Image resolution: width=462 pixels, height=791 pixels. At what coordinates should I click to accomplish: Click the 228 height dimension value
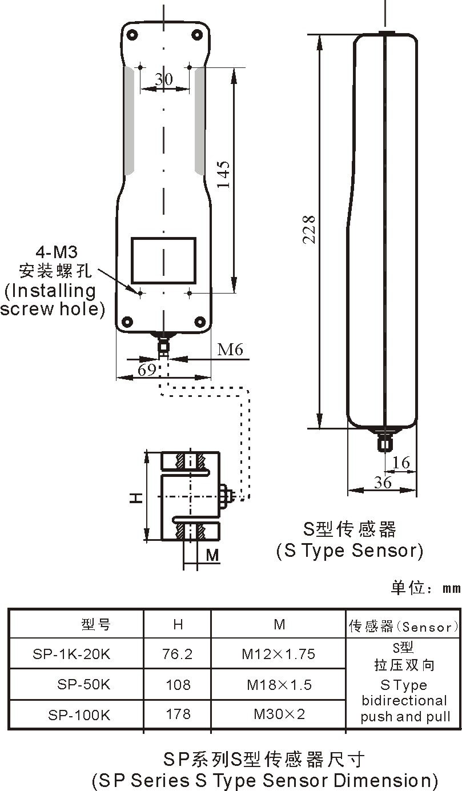pyautogui.click(x=309, y=229)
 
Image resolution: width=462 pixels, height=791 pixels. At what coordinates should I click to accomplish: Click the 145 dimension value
pyautogui.click(x=223, y=175)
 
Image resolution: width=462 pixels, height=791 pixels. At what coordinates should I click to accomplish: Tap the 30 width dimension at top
pyautogui.click(x=164, y=79)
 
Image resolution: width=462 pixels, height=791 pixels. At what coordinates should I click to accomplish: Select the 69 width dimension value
pyautogui.click(x=147, y=370)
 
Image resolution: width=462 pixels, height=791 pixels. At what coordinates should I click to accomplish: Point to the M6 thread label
pyautogui.click(x=230, y=350)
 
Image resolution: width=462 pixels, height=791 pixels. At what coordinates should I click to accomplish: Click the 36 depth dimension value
pyautogui.click(x=383, y=483)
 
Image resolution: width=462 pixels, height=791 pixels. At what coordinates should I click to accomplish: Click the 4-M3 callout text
pyautogui.click(x=57, y=252)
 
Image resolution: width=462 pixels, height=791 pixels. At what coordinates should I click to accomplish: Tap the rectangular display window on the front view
pyautogui.click(x=164, y=260)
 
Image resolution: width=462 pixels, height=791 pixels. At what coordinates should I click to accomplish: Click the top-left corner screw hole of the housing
pyautogui.click(x=132, y=35)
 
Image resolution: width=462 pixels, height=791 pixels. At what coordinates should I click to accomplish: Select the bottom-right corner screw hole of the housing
pyautogui.click(x=200, y=321)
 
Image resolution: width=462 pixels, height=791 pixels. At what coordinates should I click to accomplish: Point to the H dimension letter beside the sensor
pyautogui.click(x=135, y=497)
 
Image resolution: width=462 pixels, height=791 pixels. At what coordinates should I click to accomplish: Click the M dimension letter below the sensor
pyautogui.click(x=212, y=555)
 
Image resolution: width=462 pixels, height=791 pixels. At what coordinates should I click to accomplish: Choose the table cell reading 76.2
pyautogui.click(x=178, y=654)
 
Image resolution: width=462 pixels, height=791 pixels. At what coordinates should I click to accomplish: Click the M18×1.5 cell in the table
pyautogui.click(x=279, y=684)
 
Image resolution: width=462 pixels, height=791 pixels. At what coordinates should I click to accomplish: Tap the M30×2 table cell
pyautogui.click(x=279, y=714)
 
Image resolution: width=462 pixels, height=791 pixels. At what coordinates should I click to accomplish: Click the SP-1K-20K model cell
pyautogui.click(x=71, y=654)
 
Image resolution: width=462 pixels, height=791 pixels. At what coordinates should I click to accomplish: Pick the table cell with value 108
pyautogui.click(x=178, y=684)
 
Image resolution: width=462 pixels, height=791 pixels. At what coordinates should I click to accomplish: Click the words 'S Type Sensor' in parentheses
pyautogui.click(x=349, y=551)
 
